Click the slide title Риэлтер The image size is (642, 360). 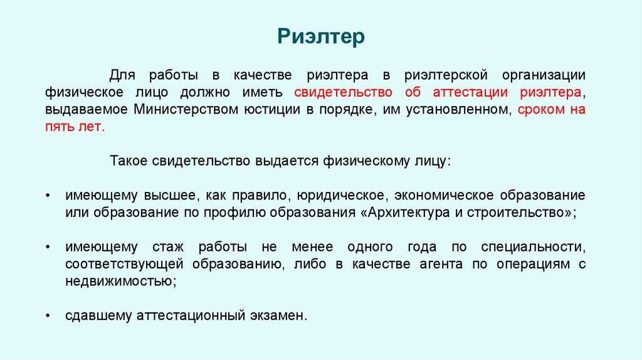click(320, 36)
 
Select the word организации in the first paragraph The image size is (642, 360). click(543, 75)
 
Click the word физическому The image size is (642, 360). click(364, 161)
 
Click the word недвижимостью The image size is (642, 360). click(119, 280)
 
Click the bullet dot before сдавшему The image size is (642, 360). click(48, 315)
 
